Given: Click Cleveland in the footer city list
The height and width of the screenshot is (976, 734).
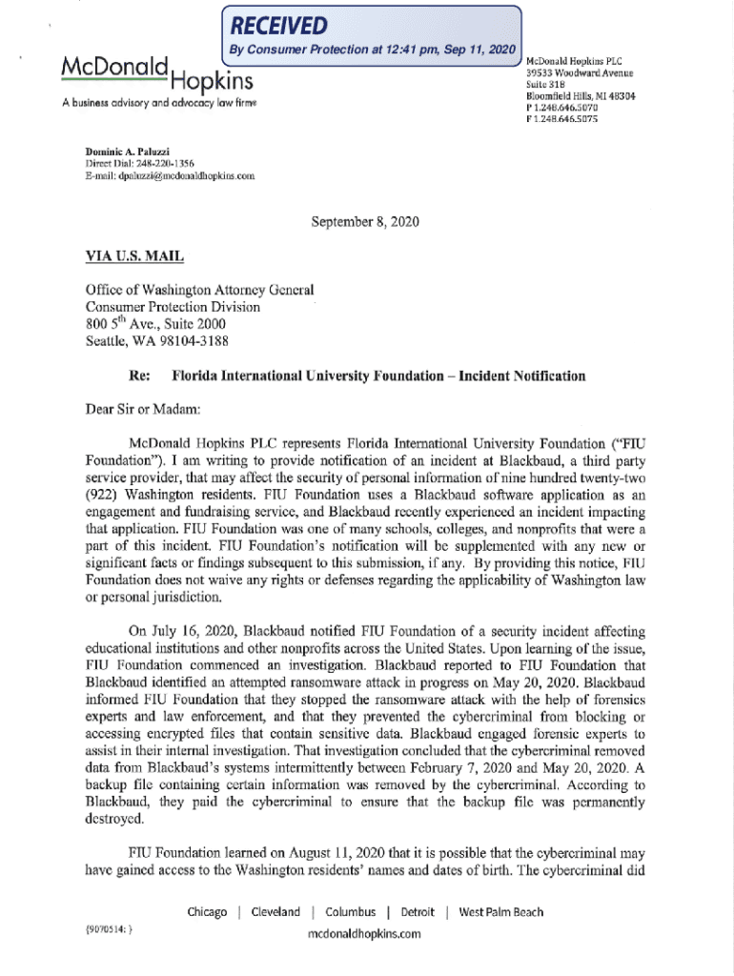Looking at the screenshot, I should (x=275, y=912).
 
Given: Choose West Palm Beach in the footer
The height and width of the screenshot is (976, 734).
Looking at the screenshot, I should (x=501, y=912).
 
